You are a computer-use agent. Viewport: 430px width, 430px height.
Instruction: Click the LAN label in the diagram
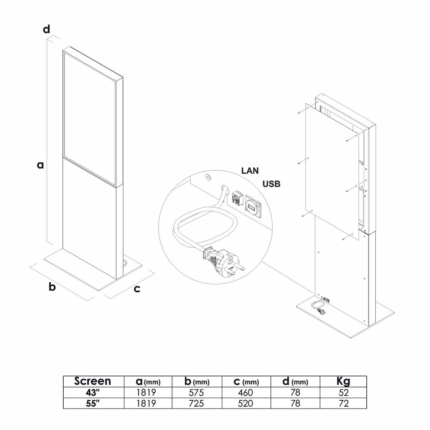pos(250,171)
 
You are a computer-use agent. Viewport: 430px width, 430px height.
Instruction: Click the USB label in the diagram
pos(271,184)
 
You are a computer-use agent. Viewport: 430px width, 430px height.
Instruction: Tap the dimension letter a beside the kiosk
pos(40,165)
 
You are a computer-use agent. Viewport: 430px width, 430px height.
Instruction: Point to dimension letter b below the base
pos(52,287)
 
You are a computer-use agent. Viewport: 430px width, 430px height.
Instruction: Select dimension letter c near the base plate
pos(137,289)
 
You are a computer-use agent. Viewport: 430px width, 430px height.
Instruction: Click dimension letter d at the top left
pos(46,29)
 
